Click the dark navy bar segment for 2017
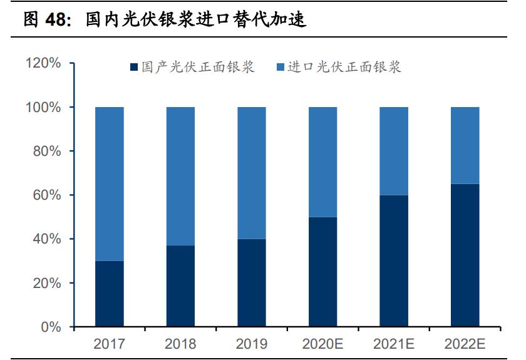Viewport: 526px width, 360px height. pos(109,294)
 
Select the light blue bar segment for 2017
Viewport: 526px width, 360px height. pos(109,184)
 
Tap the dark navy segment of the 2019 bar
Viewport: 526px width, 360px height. pos(252,283)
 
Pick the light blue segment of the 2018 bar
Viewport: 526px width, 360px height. pos(180,177)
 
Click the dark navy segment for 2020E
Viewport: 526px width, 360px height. pos(323,272)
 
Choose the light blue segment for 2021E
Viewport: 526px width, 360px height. pos(394,151)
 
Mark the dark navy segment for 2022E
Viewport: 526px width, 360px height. pos(465,255)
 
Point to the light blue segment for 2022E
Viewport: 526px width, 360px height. pos(465,145)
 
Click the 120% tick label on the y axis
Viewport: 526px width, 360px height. pos(43,63)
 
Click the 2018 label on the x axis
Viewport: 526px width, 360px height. pos(180,344)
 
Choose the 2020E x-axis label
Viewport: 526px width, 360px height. pos(323,344)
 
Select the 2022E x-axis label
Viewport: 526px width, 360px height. pos(465,344)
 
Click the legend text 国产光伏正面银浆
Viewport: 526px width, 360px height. pos(198,68)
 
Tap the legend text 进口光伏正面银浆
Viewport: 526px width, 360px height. pos(344,68)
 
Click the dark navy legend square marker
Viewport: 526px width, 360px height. pos(133,68)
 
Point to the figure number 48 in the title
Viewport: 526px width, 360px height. pos(55,20)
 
